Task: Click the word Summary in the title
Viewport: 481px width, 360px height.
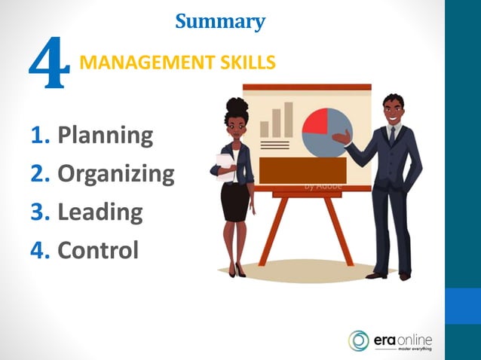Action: (220, 21)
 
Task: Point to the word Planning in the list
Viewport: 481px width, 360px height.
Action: (105, 136)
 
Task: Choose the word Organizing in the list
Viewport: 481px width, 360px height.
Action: (115, 174)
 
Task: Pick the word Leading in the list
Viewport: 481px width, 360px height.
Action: (100, 212)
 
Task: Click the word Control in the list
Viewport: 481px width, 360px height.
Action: (98, 249)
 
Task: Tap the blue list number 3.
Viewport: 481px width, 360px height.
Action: (39, 212)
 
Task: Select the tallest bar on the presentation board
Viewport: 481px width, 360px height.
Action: (288, 119)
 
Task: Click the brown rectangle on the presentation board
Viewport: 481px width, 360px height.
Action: (302, 170)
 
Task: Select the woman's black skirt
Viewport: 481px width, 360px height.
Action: (234, 201)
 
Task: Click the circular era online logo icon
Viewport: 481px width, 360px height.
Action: (359, 340)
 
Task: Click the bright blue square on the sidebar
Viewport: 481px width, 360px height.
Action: (463, 306)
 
